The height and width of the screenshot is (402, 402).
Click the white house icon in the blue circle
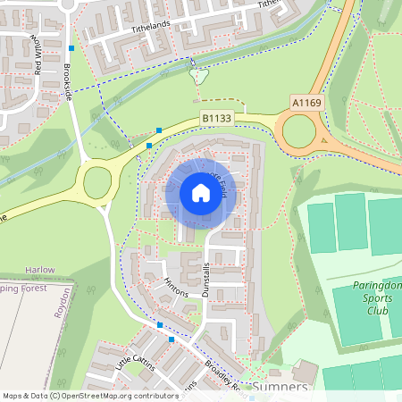point(200,192)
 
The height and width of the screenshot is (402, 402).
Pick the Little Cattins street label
point(136,359)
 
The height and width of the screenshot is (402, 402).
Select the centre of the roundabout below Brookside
point(97,183)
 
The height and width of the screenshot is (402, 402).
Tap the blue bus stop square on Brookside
point(71,46)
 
